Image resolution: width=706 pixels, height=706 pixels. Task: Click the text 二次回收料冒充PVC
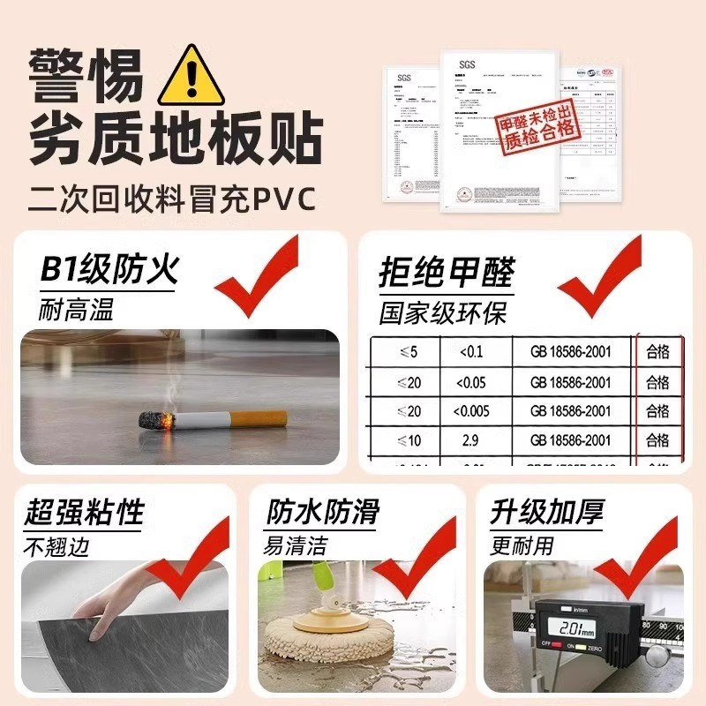[172, 196]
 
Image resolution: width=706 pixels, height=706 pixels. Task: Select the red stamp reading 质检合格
[537, 130]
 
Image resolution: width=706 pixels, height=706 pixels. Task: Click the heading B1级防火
[109, 269]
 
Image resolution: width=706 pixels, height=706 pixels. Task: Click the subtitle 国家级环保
[443, 312]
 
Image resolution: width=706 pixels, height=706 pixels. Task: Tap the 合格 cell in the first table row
[657, 353]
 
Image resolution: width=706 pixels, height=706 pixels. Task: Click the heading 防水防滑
[324, 513]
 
